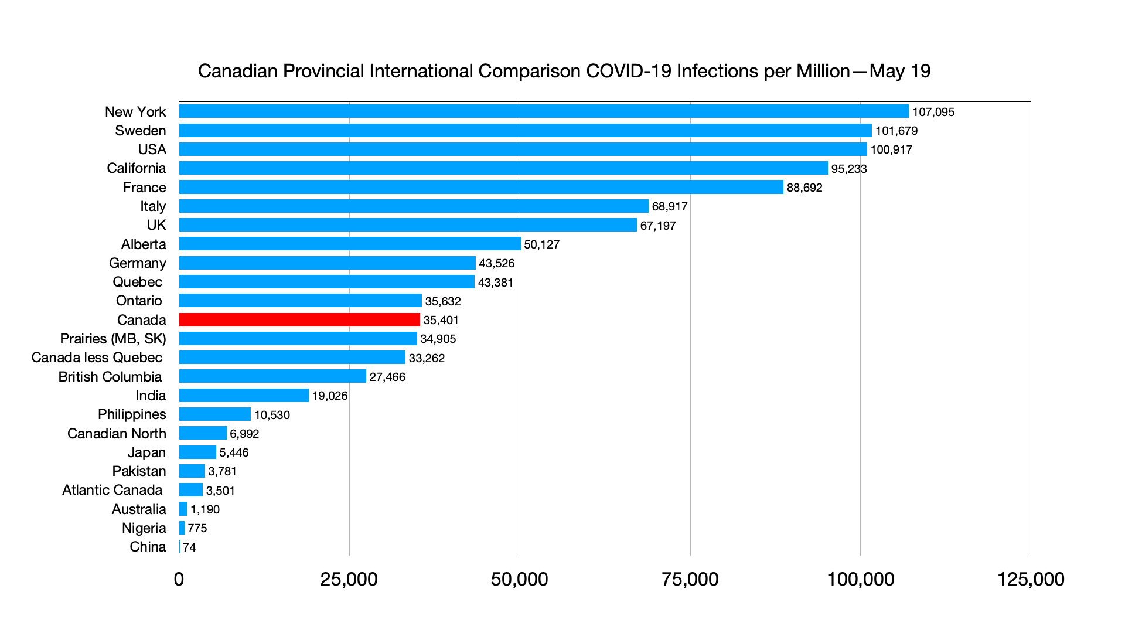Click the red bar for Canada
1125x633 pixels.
[x=299, y=319]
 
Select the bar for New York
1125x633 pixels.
[x=544, y=111]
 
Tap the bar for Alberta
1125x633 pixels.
[x=350, y=244]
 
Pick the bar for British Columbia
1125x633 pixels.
[x=272, y=376]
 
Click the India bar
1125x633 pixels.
[x=244, y=395]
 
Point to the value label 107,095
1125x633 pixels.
[x=933, y=112]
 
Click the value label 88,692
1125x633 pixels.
[x=804, y=188]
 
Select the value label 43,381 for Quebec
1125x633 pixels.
[x=495, y=283]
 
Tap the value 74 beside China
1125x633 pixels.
[x=189, y=547]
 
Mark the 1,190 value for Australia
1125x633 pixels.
[x=204, y=509]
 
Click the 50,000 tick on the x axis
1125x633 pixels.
[x=519, y=579]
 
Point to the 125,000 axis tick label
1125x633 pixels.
[x=1030, y=579]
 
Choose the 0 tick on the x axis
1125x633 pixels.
[x=179, y=579]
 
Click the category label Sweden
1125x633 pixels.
[x=141, y=131]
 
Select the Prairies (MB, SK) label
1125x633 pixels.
[x=113, y=339]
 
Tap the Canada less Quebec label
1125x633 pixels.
[x=97, y=358]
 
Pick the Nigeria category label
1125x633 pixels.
[x=144, y=528]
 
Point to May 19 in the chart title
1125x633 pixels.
[x=900, y=71]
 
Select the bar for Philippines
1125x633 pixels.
[x=215, y=414]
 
